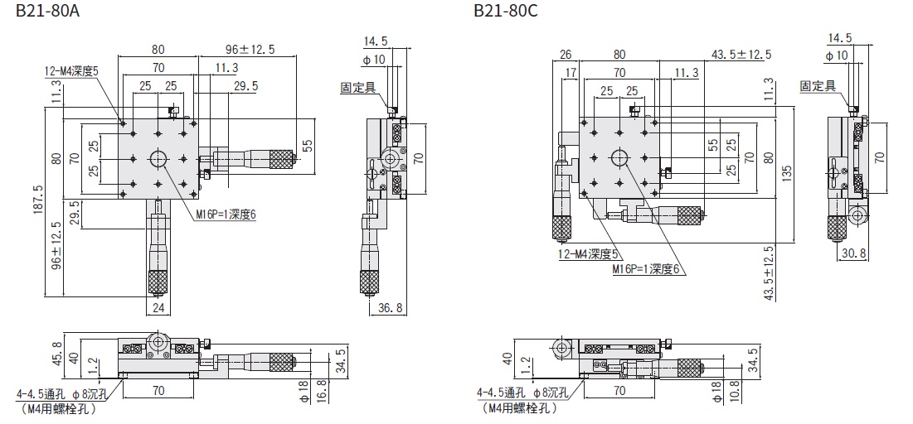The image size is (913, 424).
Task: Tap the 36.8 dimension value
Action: tap(389, 308)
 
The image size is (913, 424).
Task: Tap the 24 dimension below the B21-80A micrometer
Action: tap(158, 308)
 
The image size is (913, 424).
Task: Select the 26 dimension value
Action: tap(566, 55)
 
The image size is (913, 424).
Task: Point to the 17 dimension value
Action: tap(570, 73)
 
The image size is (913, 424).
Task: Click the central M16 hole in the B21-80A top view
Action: tap(158, 159)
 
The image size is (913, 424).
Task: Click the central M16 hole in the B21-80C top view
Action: tap(619, 157)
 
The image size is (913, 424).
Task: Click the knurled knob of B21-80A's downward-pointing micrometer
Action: tap(158, 282)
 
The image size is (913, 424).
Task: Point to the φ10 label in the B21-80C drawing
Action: tap(838, 55)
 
